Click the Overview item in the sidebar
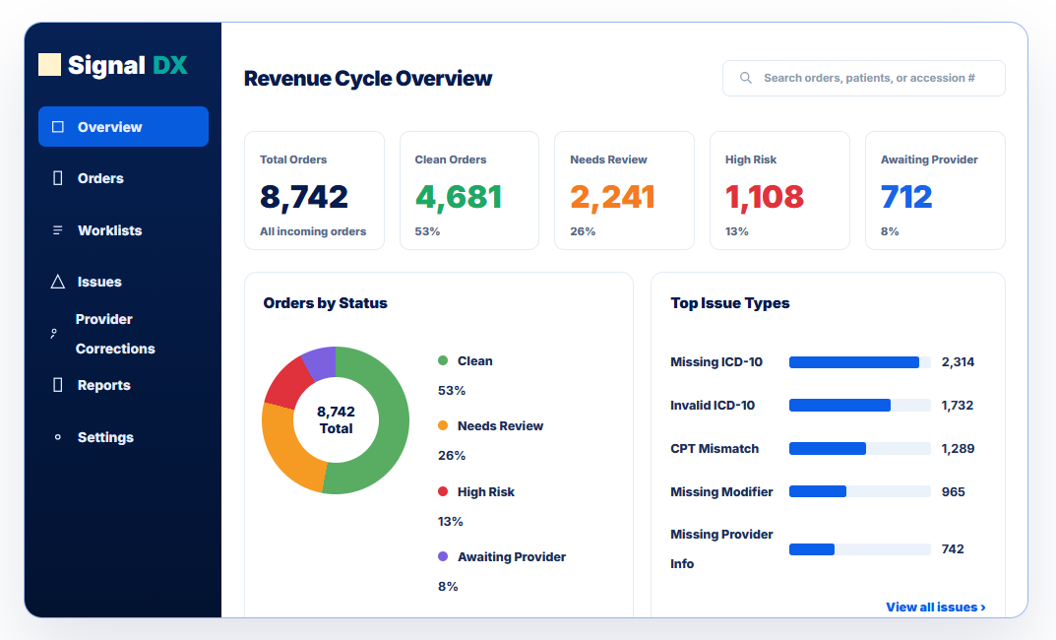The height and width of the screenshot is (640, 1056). (123, 127)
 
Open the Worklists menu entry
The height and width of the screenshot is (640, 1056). (110, 230)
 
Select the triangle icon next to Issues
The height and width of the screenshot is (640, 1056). (58, 282)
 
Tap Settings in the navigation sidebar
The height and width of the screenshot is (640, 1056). (105, 437)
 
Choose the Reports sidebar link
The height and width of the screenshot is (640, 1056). (103, 385)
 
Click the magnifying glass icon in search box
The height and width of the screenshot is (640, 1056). (746, 78)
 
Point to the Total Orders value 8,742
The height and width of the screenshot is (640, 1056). (304, 197)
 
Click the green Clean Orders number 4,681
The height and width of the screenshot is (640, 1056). (458, 197)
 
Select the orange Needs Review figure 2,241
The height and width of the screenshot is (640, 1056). (612, 197)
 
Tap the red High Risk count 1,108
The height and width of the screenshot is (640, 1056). (765, 197)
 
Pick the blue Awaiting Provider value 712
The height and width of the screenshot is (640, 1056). (906, 197)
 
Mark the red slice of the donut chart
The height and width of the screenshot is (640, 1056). (288, 383)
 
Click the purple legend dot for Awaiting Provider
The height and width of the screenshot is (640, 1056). (443, 556)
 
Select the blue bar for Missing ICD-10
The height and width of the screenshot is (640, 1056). (854, 362)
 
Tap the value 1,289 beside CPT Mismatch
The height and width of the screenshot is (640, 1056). (958, 449)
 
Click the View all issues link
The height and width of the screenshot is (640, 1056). (936, 607)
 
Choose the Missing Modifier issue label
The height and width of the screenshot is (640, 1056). (721, 491)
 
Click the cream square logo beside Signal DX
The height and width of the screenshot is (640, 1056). (50, 65)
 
